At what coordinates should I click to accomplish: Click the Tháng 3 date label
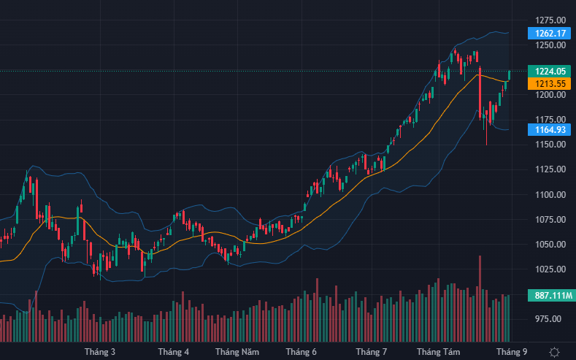(100, 351)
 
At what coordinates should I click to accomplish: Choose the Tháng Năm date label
(237, 351)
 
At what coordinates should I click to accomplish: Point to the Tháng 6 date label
(301, 351)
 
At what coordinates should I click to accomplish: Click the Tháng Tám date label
(442, 351)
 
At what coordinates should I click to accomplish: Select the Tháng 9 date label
(512, 351)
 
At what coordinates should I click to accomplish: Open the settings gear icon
(555, 351)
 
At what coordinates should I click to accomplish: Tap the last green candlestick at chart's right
(509, 74)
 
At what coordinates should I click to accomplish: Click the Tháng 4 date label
(173, 351)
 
